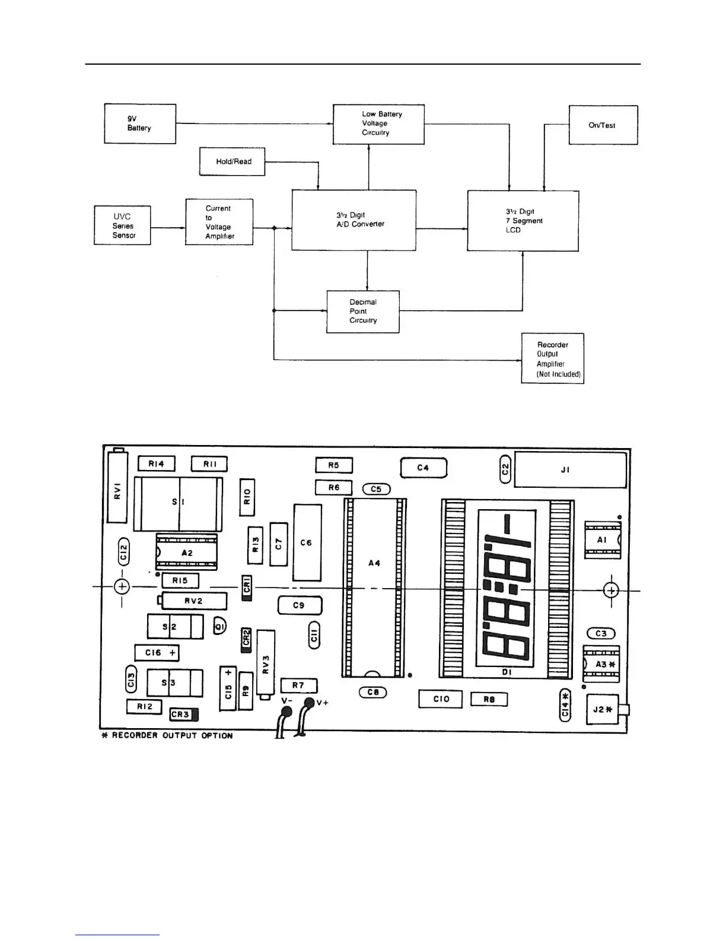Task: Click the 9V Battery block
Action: coord(140,123)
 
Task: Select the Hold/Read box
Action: coord(232,161)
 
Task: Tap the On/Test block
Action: coord(603,125)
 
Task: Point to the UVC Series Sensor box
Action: coord(122,226)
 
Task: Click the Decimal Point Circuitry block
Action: coord(363,312)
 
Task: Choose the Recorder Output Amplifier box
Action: coord(552,358)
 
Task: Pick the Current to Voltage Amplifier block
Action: coord(219,223)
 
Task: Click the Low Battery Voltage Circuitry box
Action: coord(378,124)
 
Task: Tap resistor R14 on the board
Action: coord(156,464)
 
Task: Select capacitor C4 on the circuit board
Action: coord(423,468)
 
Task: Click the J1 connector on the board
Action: coord(569,470)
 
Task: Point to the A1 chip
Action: coord(602,540)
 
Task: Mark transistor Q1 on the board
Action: coord(219,626)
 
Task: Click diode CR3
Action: coord(184,714)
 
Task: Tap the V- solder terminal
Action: coord(286,710)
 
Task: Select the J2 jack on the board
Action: coord(603,710)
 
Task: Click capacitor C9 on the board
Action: coord(300,605)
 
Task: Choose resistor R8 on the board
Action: coord(489,699)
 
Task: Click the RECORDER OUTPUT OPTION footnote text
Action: coord(168,736)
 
